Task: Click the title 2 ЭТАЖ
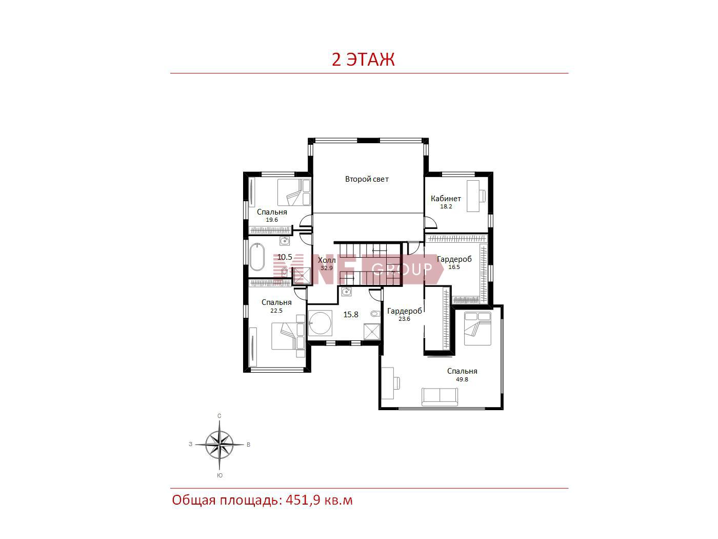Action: pyautogui.click(x=363, y=60)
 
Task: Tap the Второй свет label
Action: pyautogui.click(x=367, y=179)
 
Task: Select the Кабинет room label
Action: pyautogui.click(x=446, y=198)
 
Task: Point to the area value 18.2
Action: pyautogui.click(x=446, y=206)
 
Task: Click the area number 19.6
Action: pyautogui.click(x=272, y=220)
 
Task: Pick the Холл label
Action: pyautogui.click(x=327, y=260)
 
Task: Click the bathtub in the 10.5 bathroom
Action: pyautogui.click(x=257, y=257)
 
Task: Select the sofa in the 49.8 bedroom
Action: pyautogui.click(x=440, y=397)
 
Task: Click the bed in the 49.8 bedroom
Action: pyautogui.click(x=477, y=329)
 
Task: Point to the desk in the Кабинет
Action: pyautogui.click(x=473, y=196)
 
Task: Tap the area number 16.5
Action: pyautogui.click(x=454, y=267)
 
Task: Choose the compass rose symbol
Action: pyautogui.click(x=220, y=445)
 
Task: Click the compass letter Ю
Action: pyautogui.click(x=220, y=475)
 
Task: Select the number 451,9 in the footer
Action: pyautogui.click(x=303, y=500)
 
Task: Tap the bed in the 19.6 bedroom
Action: pyautogui.click(x=294, y=192)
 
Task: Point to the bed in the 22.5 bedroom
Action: pyautogui.click(x=288, y=336)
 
